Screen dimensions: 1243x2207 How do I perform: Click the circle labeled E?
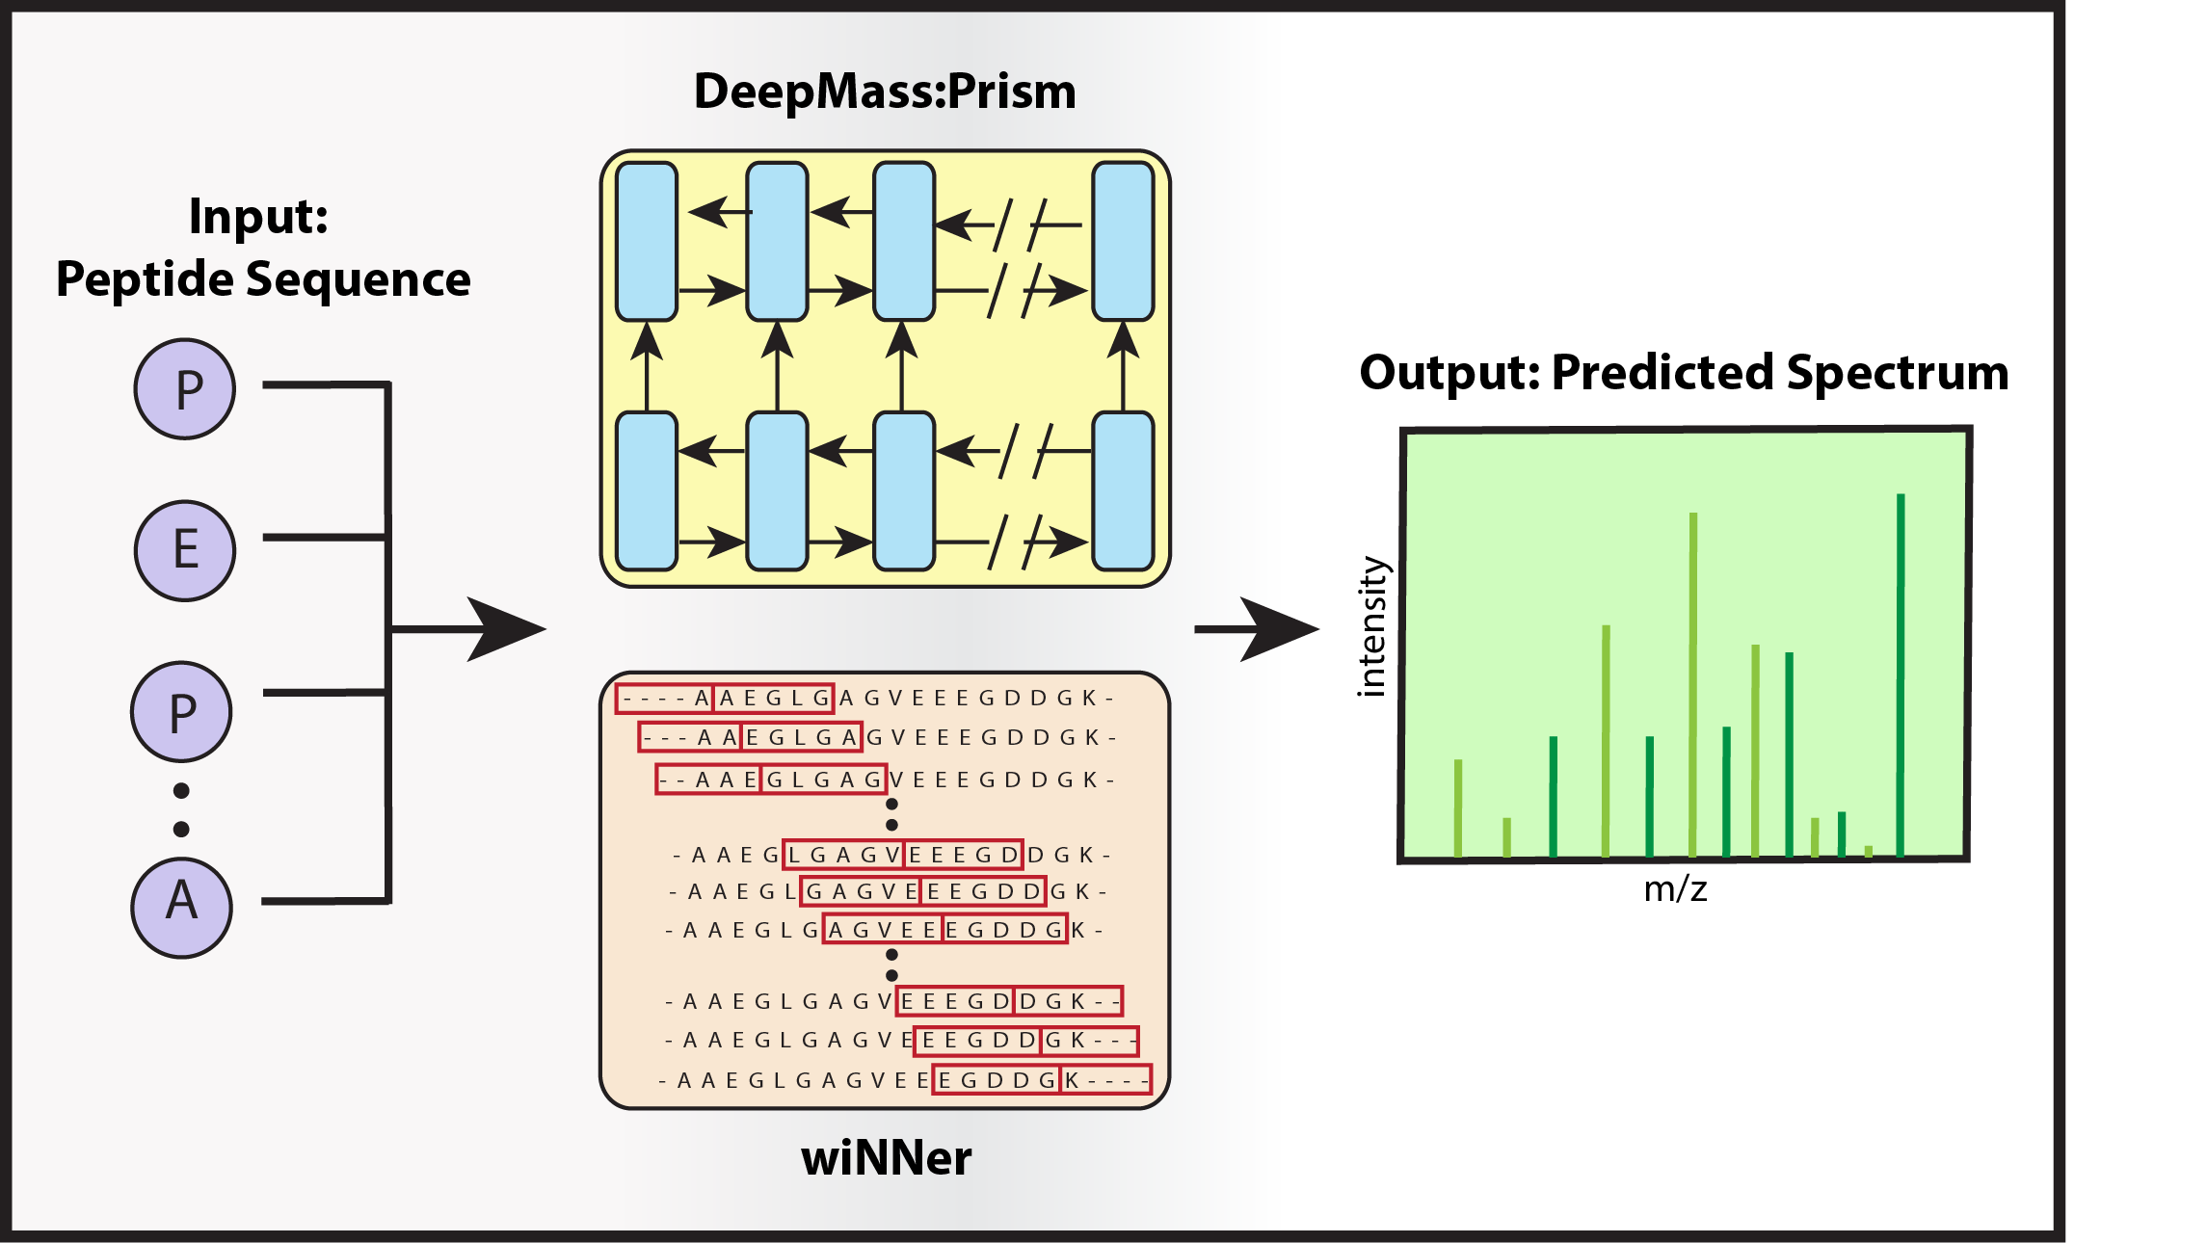coord(185,551)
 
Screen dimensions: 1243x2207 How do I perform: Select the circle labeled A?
coord(182,908)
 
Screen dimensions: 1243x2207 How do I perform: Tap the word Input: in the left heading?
coord(258,216)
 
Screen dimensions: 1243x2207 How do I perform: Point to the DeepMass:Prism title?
coord(885,93)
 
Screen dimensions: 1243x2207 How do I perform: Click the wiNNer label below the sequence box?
coord(887,1158)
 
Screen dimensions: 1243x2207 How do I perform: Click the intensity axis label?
coord(1371,626)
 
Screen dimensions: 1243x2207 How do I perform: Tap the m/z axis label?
coord(1675,888)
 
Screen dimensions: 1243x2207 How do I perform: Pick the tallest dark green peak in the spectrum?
coord(1901,674)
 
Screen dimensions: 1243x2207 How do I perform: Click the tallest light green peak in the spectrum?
coord(1693,684)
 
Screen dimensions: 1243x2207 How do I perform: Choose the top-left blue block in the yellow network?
coord(647,241)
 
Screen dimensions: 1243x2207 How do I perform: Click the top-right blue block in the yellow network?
coord(1123,241)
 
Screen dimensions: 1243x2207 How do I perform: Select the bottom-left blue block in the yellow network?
coord(647,491)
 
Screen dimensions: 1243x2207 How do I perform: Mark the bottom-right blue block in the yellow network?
coord(1123,491)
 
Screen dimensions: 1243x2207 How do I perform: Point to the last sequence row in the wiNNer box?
coord(904,1080)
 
